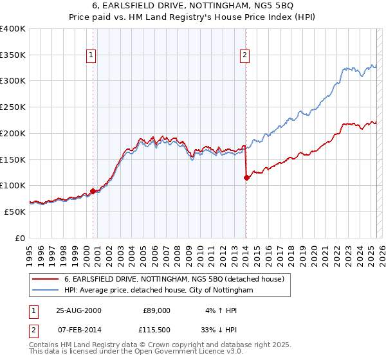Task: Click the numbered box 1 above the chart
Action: (92, 56)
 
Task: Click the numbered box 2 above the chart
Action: (245, 56)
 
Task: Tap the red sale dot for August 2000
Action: (93, 191)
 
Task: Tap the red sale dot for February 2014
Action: (246, 177)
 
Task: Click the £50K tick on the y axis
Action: (15, 212)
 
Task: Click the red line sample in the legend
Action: (46, 279)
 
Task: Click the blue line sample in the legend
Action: (46, 291)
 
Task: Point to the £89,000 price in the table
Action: (156, 310)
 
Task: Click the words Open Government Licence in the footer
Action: (182, 353)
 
